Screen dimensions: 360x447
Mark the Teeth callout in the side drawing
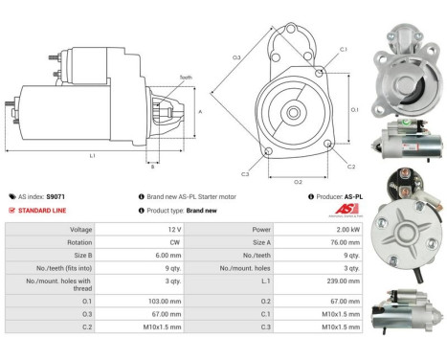(x=184, y=78)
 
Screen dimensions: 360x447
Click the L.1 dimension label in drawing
(x=92, y=154)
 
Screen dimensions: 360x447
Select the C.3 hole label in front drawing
(x=245, y=173)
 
